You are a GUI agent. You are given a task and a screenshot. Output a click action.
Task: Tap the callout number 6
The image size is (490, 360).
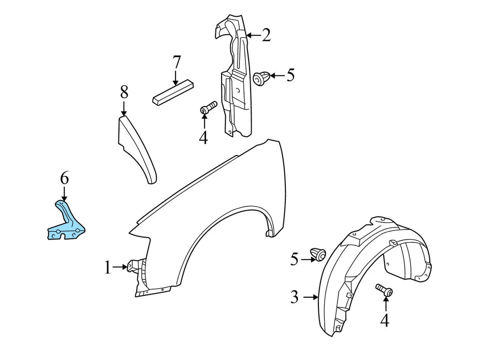click(64, 178)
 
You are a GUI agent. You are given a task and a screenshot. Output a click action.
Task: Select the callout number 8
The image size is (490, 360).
click(124, 92)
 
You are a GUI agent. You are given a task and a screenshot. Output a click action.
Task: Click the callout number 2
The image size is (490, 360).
click(266, 35)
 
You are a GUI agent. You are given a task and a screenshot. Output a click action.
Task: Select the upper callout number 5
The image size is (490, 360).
click(290, 75)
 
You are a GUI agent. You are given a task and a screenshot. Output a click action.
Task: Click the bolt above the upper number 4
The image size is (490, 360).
click(208, 108)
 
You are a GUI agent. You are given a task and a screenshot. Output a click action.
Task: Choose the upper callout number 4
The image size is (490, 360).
click(204, 137)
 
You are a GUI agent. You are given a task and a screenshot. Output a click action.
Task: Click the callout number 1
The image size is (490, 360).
click(107, 267)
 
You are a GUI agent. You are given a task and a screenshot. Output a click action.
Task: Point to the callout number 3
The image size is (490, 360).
click(295, 297)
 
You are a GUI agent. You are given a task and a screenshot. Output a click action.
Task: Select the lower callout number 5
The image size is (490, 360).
click(294, 260)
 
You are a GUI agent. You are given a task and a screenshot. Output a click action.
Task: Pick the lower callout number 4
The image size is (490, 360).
click(384, 320)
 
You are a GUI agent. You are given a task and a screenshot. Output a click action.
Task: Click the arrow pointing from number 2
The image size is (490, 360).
click(254, 35)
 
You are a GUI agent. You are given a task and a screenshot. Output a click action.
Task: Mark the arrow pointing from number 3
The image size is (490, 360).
click(310, 296)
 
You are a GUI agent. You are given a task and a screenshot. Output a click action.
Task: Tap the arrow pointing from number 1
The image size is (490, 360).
click(120, 267)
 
